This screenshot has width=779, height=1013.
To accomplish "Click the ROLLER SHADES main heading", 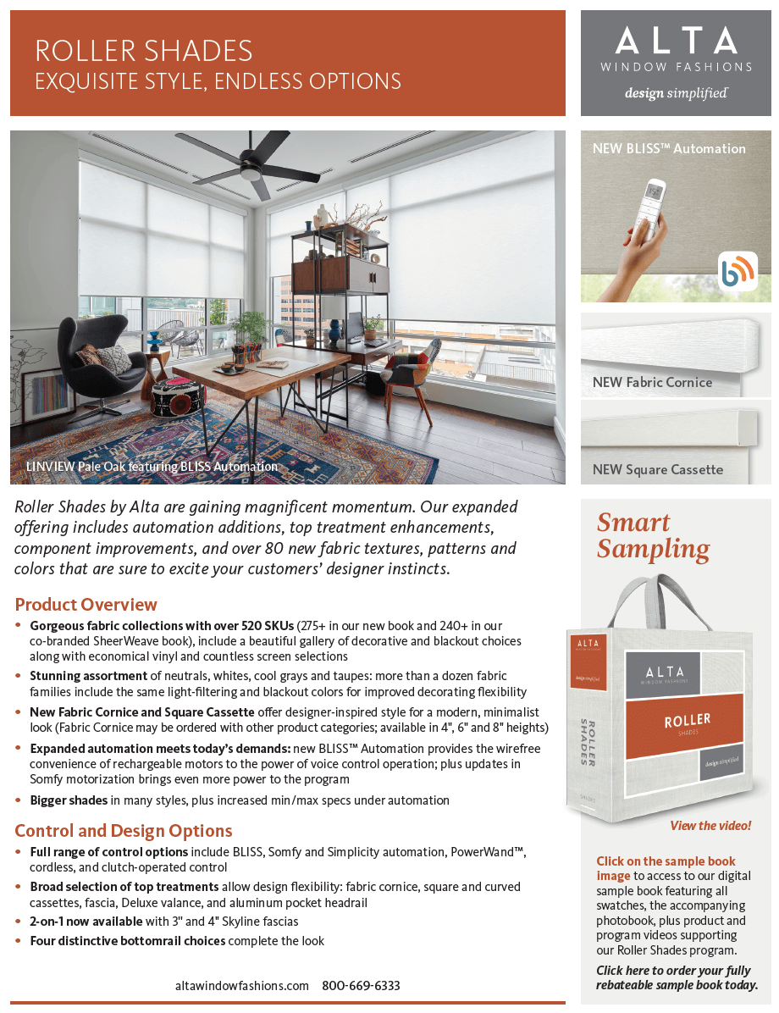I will coord(144,50).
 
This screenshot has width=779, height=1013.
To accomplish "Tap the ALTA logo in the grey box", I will coord(676,41).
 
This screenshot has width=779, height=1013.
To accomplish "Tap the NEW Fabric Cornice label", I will coord(652,382).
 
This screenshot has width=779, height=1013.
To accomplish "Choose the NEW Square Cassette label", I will coord(658,469).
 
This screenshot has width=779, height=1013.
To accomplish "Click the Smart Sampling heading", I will coord(653,535).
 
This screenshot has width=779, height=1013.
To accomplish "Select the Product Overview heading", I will coord(86,605).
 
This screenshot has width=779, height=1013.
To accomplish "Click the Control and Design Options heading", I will coord(124,831).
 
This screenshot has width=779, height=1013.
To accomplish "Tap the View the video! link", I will coord(710,825).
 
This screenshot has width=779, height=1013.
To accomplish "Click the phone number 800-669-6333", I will coord(361,986).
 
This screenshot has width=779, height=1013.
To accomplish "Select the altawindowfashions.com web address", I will coord(242,986).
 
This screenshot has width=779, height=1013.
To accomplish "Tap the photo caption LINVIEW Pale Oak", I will coord(152,467).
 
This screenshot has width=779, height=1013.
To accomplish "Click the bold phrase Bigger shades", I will coord(69,800).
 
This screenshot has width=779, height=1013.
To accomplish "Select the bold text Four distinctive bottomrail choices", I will coord(127,941).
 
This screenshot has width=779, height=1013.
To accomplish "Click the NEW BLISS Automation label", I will coord(669,148).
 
